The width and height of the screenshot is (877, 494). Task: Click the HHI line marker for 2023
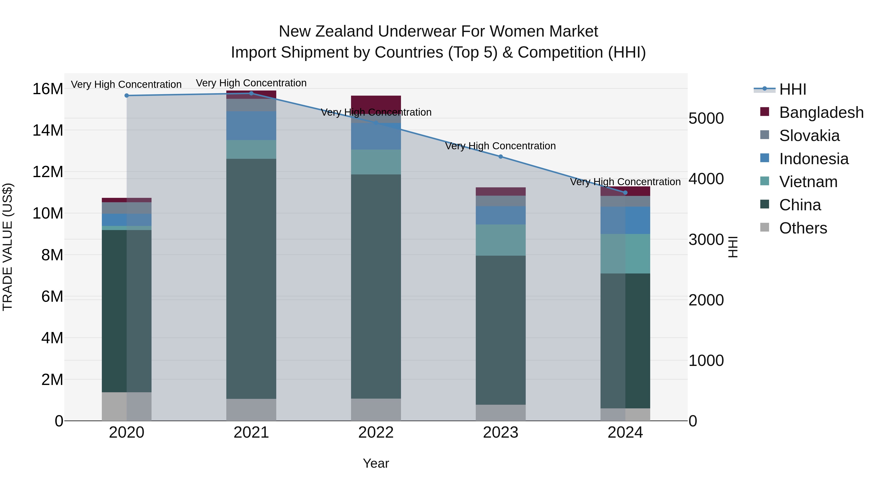pos(500,156)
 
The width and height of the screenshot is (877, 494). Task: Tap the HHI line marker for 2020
pos(127,95)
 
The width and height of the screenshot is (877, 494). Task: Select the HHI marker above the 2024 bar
pos(625,193)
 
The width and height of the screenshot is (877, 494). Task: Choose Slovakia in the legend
pos(809,136)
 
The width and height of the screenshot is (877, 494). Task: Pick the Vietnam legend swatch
pos(765,182)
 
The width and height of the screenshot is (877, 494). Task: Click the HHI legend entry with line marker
pos(780,89)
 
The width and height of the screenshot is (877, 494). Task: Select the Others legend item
pos(803,228)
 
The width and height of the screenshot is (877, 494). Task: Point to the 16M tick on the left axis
pos(48,89)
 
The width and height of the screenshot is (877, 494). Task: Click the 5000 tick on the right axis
pos(706,119)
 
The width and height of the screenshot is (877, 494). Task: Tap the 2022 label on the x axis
pos(376,433)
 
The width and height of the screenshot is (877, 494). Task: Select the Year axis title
pos(376,463)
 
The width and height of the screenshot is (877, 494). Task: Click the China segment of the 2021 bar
pos(251,279)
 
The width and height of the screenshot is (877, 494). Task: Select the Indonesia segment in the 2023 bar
pos(500,215)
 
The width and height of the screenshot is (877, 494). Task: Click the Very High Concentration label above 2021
pos(251,83)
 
